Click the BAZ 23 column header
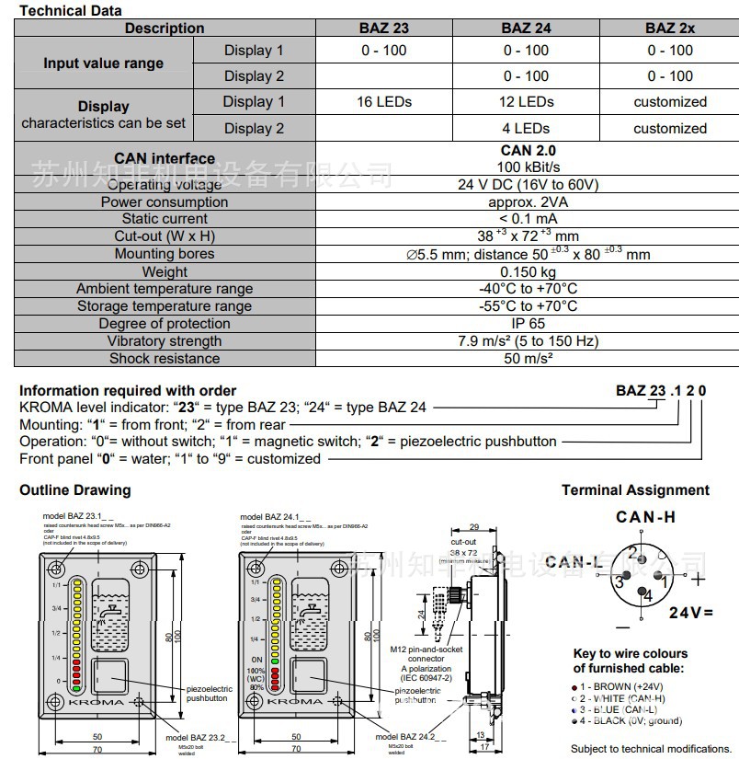pyautogui.click(x=383, y=28)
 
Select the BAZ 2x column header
pyautogui.click(x=669, y=28)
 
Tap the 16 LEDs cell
pyautogui.click(x=383, y=102)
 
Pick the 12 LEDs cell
pyautogui.click(x=526, y=102)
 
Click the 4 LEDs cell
pyautogui.click(x=526, y=128)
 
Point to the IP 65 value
pyautogui.click(x=528, y=324)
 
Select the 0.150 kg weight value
pyautogui.click(x=528, y=272)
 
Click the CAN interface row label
pyautogui.click(x=165, y=159)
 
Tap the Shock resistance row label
pyautogui.click(x=165, y=359)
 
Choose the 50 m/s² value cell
pyautogui.click(x=528, y=359)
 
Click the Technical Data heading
pyautogui.click(x=71, y=10)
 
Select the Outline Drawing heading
pyautogui.click(x=75, y=490)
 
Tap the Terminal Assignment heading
pyautogui.click(x=635, y=490)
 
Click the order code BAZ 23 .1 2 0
pyautogui.click(x=661, y=391)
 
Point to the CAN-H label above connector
pyautogui.click(x=645, y=517)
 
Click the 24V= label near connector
pyautogui.click(x=691, y=612)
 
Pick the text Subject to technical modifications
pyautogui.click(x=650, y=749)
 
